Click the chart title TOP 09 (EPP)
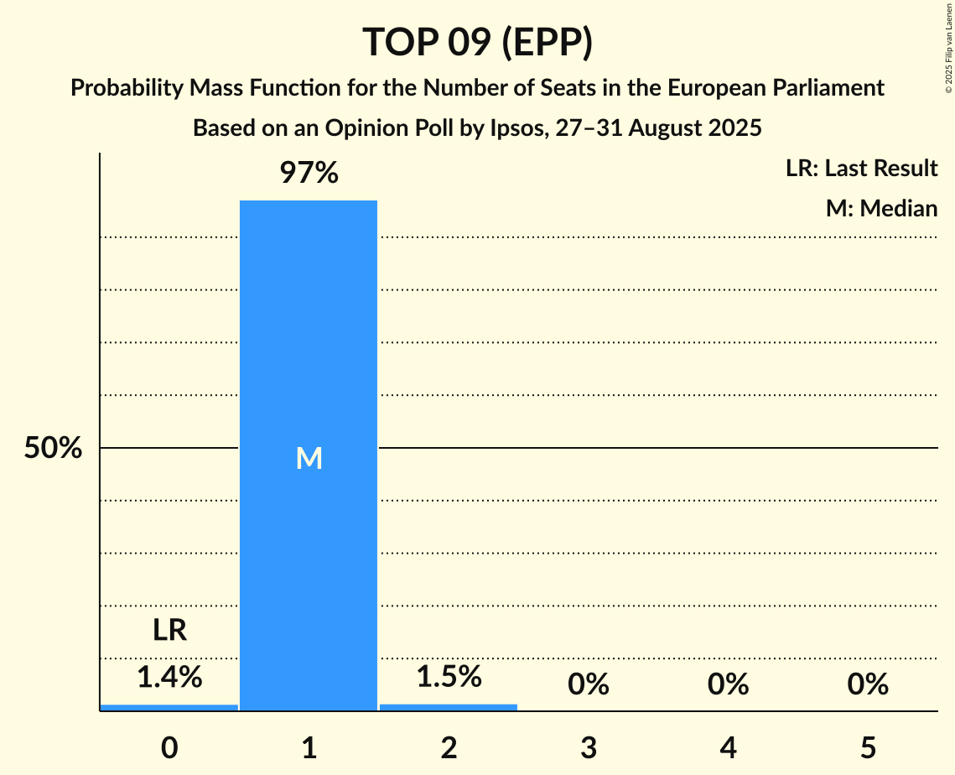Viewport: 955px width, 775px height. coord(477,42)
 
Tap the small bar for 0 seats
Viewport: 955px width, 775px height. coord(169,707)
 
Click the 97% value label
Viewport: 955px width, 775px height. coord(309,174)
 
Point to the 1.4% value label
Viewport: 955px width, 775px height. coord(169,676)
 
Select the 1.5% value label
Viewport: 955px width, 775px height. coord(449,676)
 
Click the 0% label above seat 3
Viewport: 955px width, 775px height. coord(588,685)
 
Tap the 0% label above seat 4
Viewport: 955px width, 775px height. coord(728,685)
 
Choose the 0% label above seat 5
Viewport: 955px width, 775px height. coord(867,685)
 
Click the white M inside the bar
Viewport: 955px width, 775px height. coord(309,458)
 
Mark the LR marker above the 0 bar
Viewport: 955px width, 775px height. coord(169,631)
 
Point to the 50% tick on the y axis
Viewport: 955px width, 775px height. coord(53,448)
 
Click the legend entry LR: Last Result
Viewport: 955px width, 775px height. coord(861,169)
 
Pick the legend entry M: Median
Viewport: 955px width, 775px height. coord(881,208)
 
